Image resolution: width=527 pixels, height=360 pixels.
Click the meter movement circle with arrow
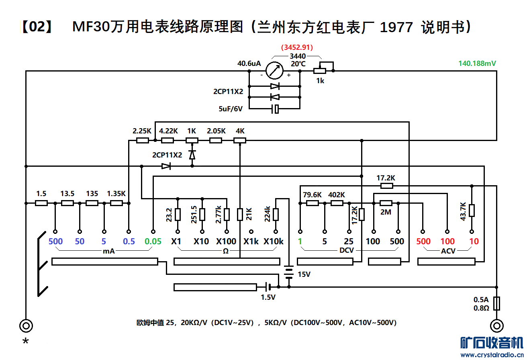click(x=275, y=71)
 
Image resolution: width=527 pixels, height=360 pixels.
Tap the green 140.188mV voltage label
click(x=477, y=63)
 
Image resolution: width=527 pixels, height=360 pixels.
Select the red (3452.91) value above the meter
click(x=297, y=47)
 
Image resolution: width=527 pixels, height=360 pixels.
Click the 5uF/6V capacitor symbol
click(x=275, y=108)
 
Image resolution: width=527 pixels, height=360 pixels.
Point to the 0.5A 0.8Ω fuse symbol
click(x=497, y=303)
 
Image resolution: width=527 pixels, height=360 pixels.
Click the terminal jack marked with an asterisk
click(x=26, y=325)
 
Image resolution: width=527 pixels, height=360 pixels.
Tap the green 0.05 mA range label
click(x=153, y=241)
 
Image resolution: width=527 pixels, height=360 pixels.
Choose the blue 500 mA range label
click(x=55, y=241)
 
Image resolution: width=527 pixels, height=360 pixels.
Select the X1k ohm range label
click(x=251, y=241)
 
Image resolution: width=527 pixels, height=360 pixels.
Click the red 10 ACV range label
click(x=474, y=241)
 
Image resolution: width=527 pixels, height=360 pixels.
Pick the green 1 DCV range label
click(x=300, y=241)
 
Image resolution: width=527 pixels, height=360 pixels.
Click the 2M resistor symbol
click(x=386, y=203)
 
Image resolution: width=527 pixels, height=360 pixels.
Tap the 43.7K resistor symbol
click(x=472, y=211)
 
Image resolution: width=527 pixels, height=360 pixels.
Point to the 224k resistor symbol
click(x=276, y=215)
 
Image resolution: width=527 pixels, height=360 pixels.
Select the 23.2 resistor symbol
click(x=178, y=215)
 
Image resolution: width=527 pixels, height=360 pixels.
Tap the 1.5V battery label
click(x=268, y=297)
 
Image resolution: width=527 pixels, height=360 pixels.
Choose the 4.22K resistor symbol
click(x=167, y=141)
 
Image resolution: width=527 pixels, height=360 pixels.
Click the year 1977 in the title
click(x=396, y=27)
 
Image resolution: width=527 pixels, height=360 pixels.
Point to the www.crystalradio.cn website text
click(x=492, y=355)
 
